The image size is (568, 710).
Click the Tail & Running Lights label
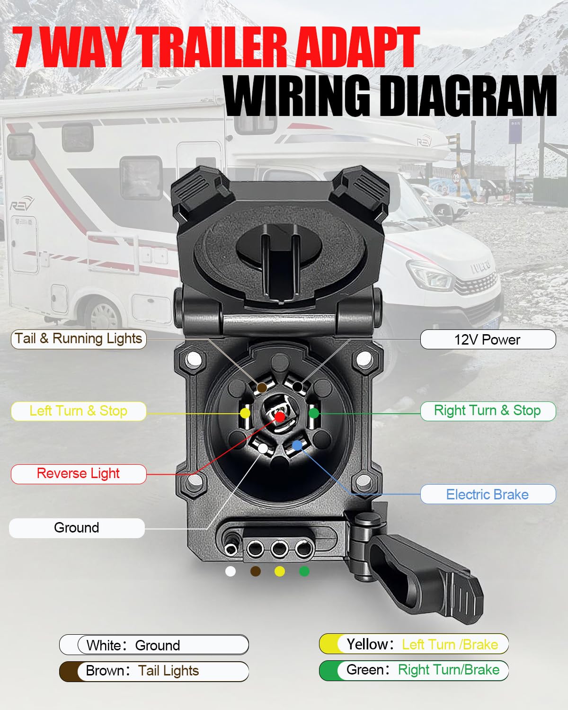tap(79, 339)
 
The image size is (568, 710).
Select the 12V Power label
tap(488, 339)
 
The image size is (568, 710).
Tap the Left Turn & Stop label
tap(79, 411)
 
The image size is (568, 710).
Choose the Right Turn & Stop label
tap(488, 411)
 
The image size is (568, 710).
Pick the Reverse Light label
tap(79, 474)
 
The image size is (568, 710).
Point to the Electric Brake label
tap(488, 494)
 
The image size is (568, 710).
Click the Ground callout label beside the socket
tap(77, 528)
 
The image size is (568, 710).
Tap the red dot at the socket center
tap(280, 417)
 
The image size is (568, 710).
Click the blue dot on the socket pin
tap(297, 445)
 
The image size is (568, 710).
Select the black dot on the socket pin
tap(297, 387)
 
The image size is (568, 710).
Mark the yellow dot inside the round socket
tap(245, 413)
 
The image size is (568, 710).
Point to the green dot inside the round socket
tap(314, 413)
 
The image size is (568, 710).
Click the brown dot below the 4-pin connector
tap(256, 571)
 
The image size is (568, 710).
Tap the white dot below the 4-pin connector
tap(231, 571)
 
